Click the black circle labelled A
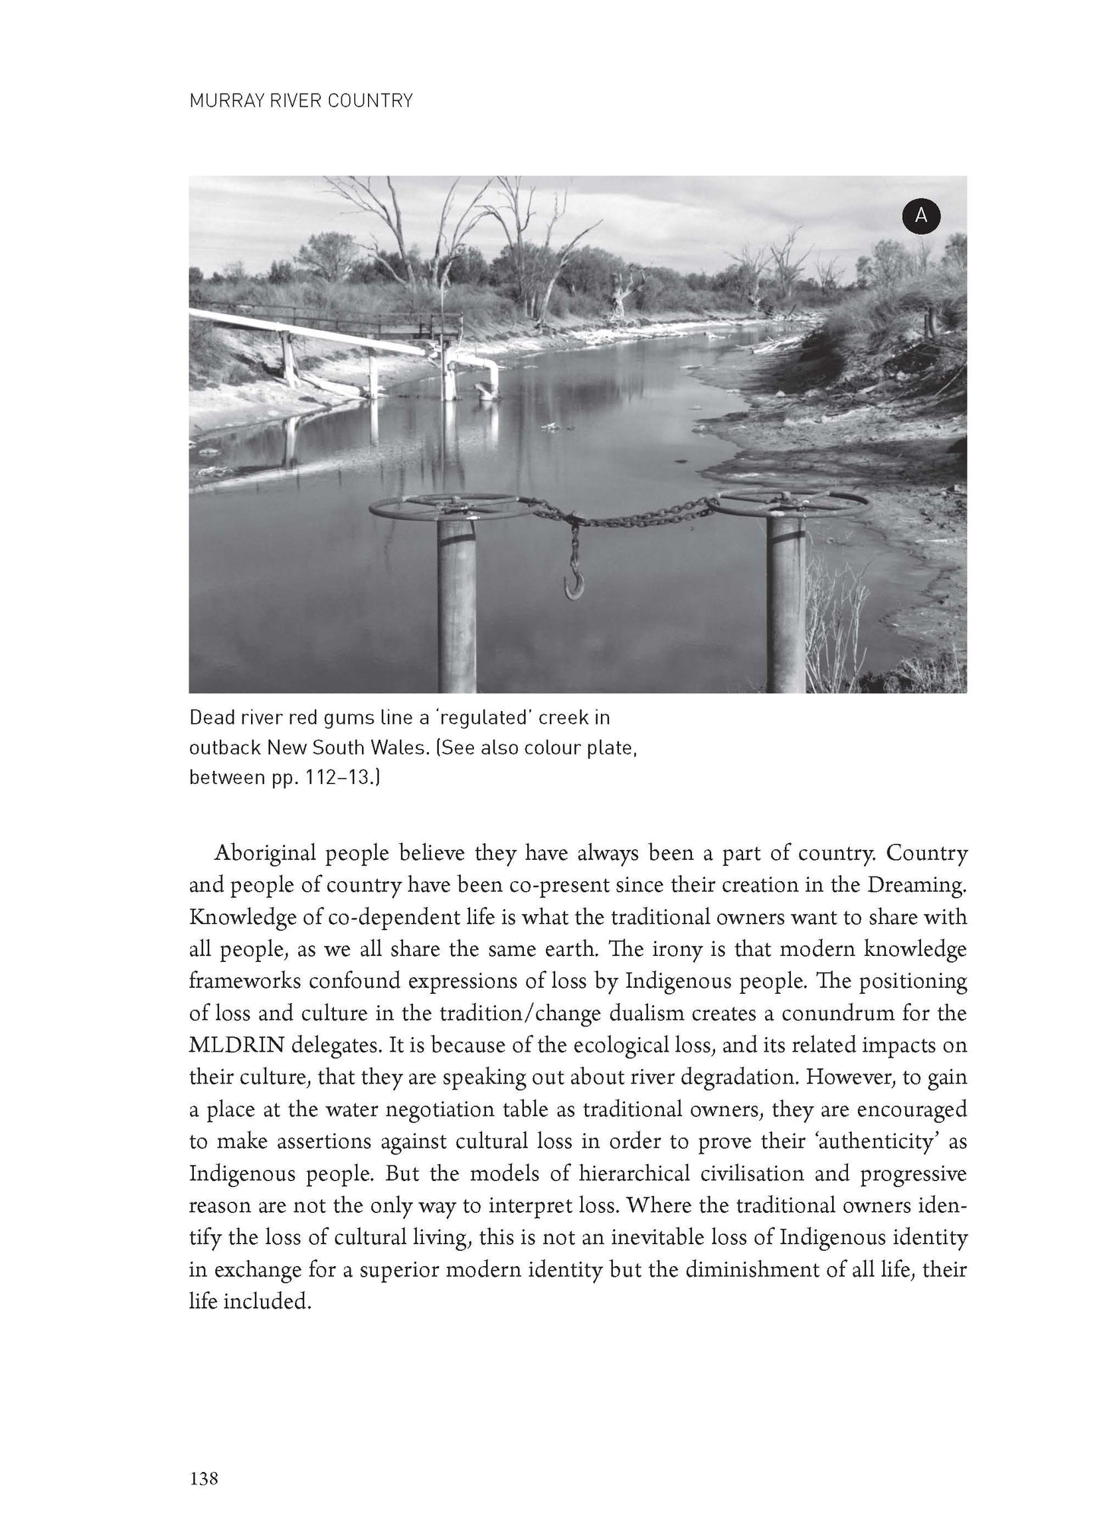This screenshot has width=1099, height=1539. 921,216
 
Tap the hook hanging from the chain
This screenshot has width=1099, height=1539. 570,588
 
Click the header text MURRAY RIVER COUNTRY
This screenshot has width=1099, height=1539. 300,100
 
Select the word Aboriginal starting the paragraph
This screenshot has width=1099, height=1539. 264,852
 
